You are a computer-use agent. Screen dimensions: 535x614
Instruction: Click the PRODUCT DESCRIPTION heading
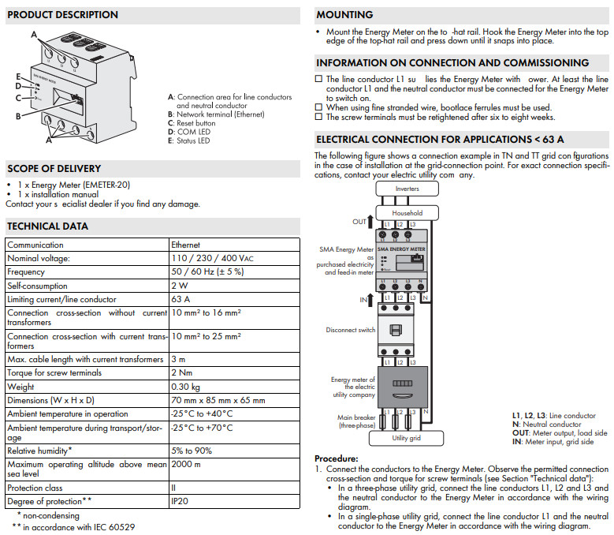62,15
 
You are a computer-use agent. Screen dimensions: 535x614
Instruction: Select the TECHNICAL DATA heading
47,226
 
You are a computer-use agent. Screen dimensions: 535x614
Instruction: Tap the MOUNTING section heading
344,15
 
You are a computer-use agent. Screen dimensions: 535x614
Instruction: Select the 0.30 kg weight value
185,387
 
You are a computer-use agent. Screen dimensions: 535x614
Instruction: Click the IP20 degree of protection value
180,500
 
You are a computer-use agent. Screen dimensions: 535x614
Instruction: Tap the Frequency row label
26,272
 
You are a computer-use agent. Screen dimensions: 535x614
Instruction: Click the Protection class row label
36,487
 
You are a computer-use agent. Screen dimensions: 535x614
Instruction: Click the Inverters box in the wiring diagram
407,189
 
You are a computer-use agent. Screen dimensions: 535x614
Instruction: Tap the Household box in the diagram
407,212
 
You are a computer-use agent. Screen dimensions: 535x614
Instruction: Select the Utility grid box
407,437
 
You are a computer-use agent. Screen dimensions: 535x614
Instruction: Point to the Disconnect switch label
350,330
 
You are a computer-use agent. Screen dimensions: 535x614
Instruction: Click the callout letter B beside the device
18,117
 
